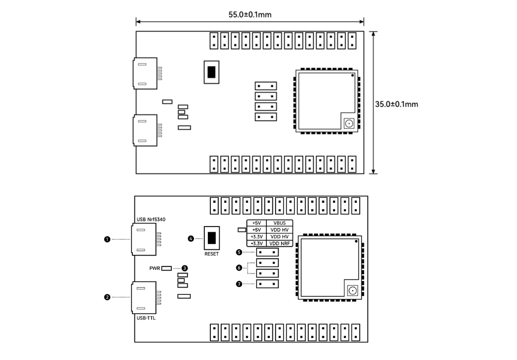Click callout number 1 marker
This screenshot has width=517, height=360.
click(x=107, y=239)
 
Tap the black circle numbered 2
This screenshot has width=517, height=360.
click(x=107, y=297)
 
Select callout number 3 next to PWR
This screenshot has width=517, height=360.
click(x=185, y=268)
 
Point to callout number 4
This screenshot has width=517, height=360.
click(x=191, y=238)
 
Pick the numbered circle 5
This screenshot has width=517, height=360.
click(x=238, y=252)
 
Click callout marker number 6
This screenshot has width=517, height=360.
click(x=238, y=268)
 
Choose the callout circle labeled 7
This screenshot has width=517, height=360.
click(x=238, y=284)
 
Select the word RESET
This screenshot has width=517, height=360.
click(x=211, y=254)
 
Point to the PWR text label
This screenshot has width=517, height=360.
click(x=155, y=268)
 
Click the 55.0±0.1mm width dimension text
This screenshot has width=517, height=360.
click(x=250, y=14)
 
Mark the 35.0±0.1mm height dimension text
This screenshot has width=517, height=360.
click(x=397, y=104)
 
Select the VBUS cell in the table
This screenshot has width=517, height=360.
click(x=280, y=223)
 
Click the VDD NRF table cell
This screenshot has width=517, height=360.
click(x=280, y=243)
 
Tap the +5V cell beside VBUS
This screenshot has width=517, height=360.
click(x=256, y=223)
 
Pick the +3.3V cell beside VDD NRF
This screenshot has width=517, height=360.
click(x=256, y=243)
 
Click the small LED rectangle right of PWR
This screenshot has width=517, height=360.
click(x=166, y=268)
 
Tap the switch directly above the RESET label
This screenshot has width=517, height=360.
click(x=211, y=238)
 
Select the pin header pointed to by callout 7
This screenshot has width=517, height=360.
click(x=267, y=283)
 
